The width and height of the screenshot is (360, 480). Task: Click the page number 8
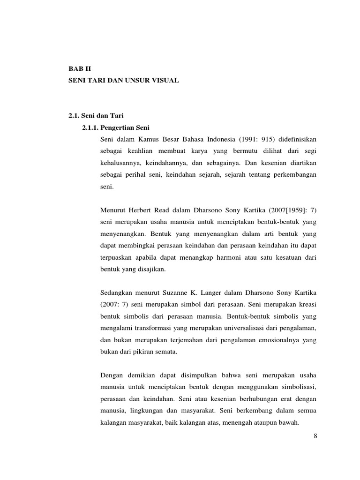pos(315,436)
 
